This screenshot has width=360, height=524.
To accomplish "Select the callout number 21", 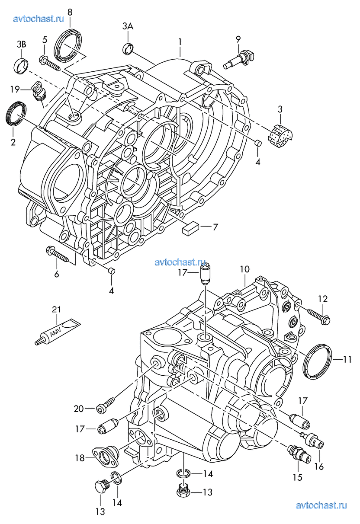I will point(57,310).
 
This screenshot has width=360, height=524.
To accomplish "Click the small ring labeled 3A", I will point(128,48).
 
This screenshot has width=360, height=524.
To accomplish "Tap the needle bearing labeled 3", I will point(280,134).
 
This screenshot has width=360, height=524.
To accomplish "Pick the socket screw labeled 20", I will point(105,405).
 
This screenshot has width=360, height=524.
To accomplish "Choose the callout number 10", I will point(244,269).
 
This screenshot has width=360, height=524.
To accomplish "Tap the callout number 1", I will point(180,42).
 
